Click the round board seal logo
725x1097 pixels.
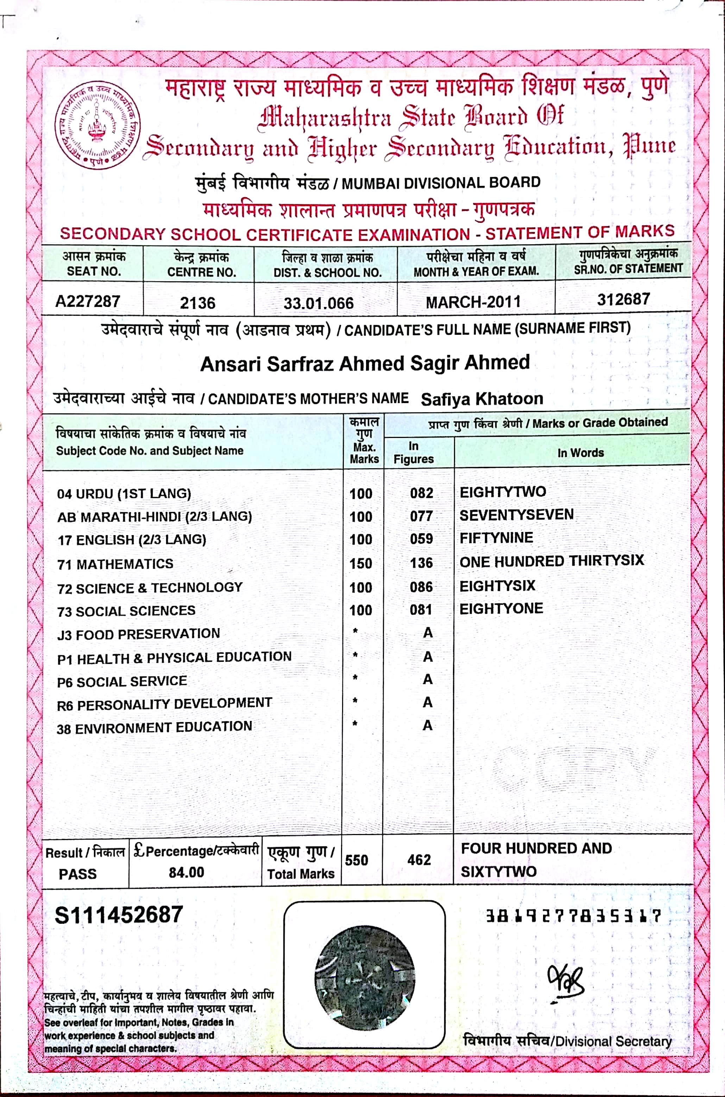pos(97,126)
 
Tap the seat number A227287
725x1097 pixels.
pos(88,302)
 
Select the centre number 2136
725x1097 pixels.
pos(197,303)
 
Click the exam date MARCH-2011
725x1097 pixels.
pos(473,302)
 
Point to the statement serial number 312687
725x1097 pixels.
pos(623,299)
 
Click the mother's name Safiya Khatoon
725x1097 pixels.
pos(482,399)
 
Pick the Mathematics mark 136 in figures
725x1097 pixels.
pos(421,563)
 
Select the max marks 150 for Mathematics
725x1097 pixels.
pos(361,563)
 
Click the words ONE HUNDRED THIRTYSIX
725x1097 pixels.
pos(551,561)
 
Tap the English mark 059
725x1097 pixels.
pos(421,539)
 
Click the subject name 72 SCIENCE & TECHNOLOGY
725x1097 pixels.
pos(150,588)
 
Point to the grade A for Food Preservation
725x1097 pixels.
pos(428,633)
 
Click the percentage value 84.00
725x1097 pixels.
pos(186,872)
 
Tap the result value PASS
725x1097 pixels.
pos(78,874)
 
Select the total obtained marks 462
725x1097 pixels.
pos(419,860)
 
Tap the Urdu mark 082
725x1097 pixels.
pos(421,493)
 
